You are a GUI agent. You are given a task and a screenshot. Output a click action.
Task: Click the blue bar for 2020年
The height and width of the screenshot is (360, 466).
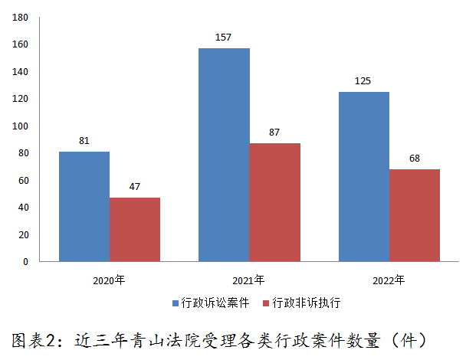[84, 206]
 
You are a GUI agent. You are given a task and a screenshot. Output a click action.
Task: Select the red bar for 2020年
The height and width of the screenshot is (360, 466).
[135, 229]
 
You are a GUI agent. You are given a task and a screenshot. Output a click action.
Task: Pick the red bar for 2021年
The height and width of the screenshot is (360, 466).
[274, 202]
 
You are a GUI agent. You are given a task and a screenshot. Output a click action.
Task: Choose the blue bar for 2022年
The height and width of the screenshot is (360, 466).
[364, 176]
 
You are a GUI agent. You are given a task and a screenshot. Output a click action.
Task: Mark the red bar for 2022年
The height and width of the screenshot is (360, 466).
[415, 215]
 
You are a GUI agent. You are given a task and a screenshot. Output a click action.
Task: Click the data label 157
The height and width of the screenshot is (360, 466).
[224, 38]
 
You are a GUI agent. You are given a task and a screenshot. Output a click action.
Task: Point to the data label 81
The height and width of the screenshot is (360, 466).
[84, 141]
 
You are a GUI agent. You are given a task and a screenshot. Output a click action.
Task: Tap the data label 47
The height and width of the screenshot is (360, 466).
[135, 187]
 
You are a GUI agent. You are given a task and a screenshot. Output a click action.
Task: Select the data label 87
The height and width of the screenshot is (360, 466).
[274, 133]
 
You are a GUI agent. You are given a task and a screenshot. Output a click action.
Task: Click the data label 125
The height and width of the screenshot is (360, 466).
[364, 81]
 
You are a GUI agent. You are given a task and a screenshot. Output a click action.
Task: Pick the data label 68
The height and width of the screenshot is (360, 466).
[415, 159]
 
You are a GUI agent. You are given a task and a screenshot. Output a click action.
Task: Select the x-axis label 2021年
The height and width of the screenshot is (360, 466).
[249, 280]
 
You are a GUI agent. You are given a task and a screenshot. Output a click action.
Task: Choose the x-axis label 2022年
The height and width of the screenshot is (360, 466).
[389, 280]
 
